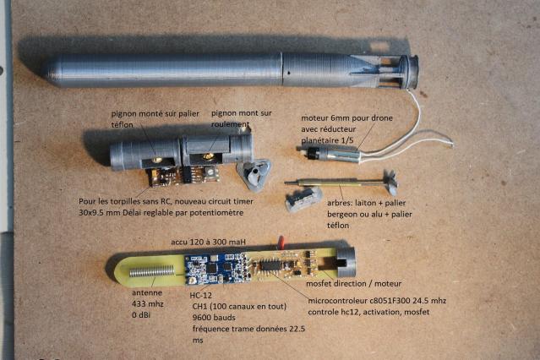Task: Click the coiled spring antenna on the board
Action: click(x=151, y=272)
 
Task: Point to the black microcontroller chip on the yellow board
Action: click(x=270, y=265)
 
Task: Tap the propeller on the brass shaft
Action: click(x=390, y=181)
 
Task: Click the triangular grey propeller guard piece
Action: click(x=254, y=174)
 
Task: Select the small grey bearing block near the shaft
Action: click(x=303, y=199)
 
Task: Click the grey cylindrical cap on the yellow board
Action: click(x=346, y=262)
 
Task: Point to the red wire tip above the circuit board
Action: click(x=281, y=241)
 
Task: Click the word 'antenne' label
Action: click(x=147, y=293)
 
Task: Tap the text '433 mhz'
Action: click(x=148, y=304)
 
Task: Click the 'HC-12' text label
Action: click(x=201, y=295)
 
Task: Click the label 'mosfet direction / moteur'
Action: click(x=354, y=284)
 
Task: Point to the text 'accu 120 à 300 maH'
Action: click(x=209, y=242)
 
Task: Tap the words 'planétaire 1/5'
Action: click(x=327, y=140)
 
